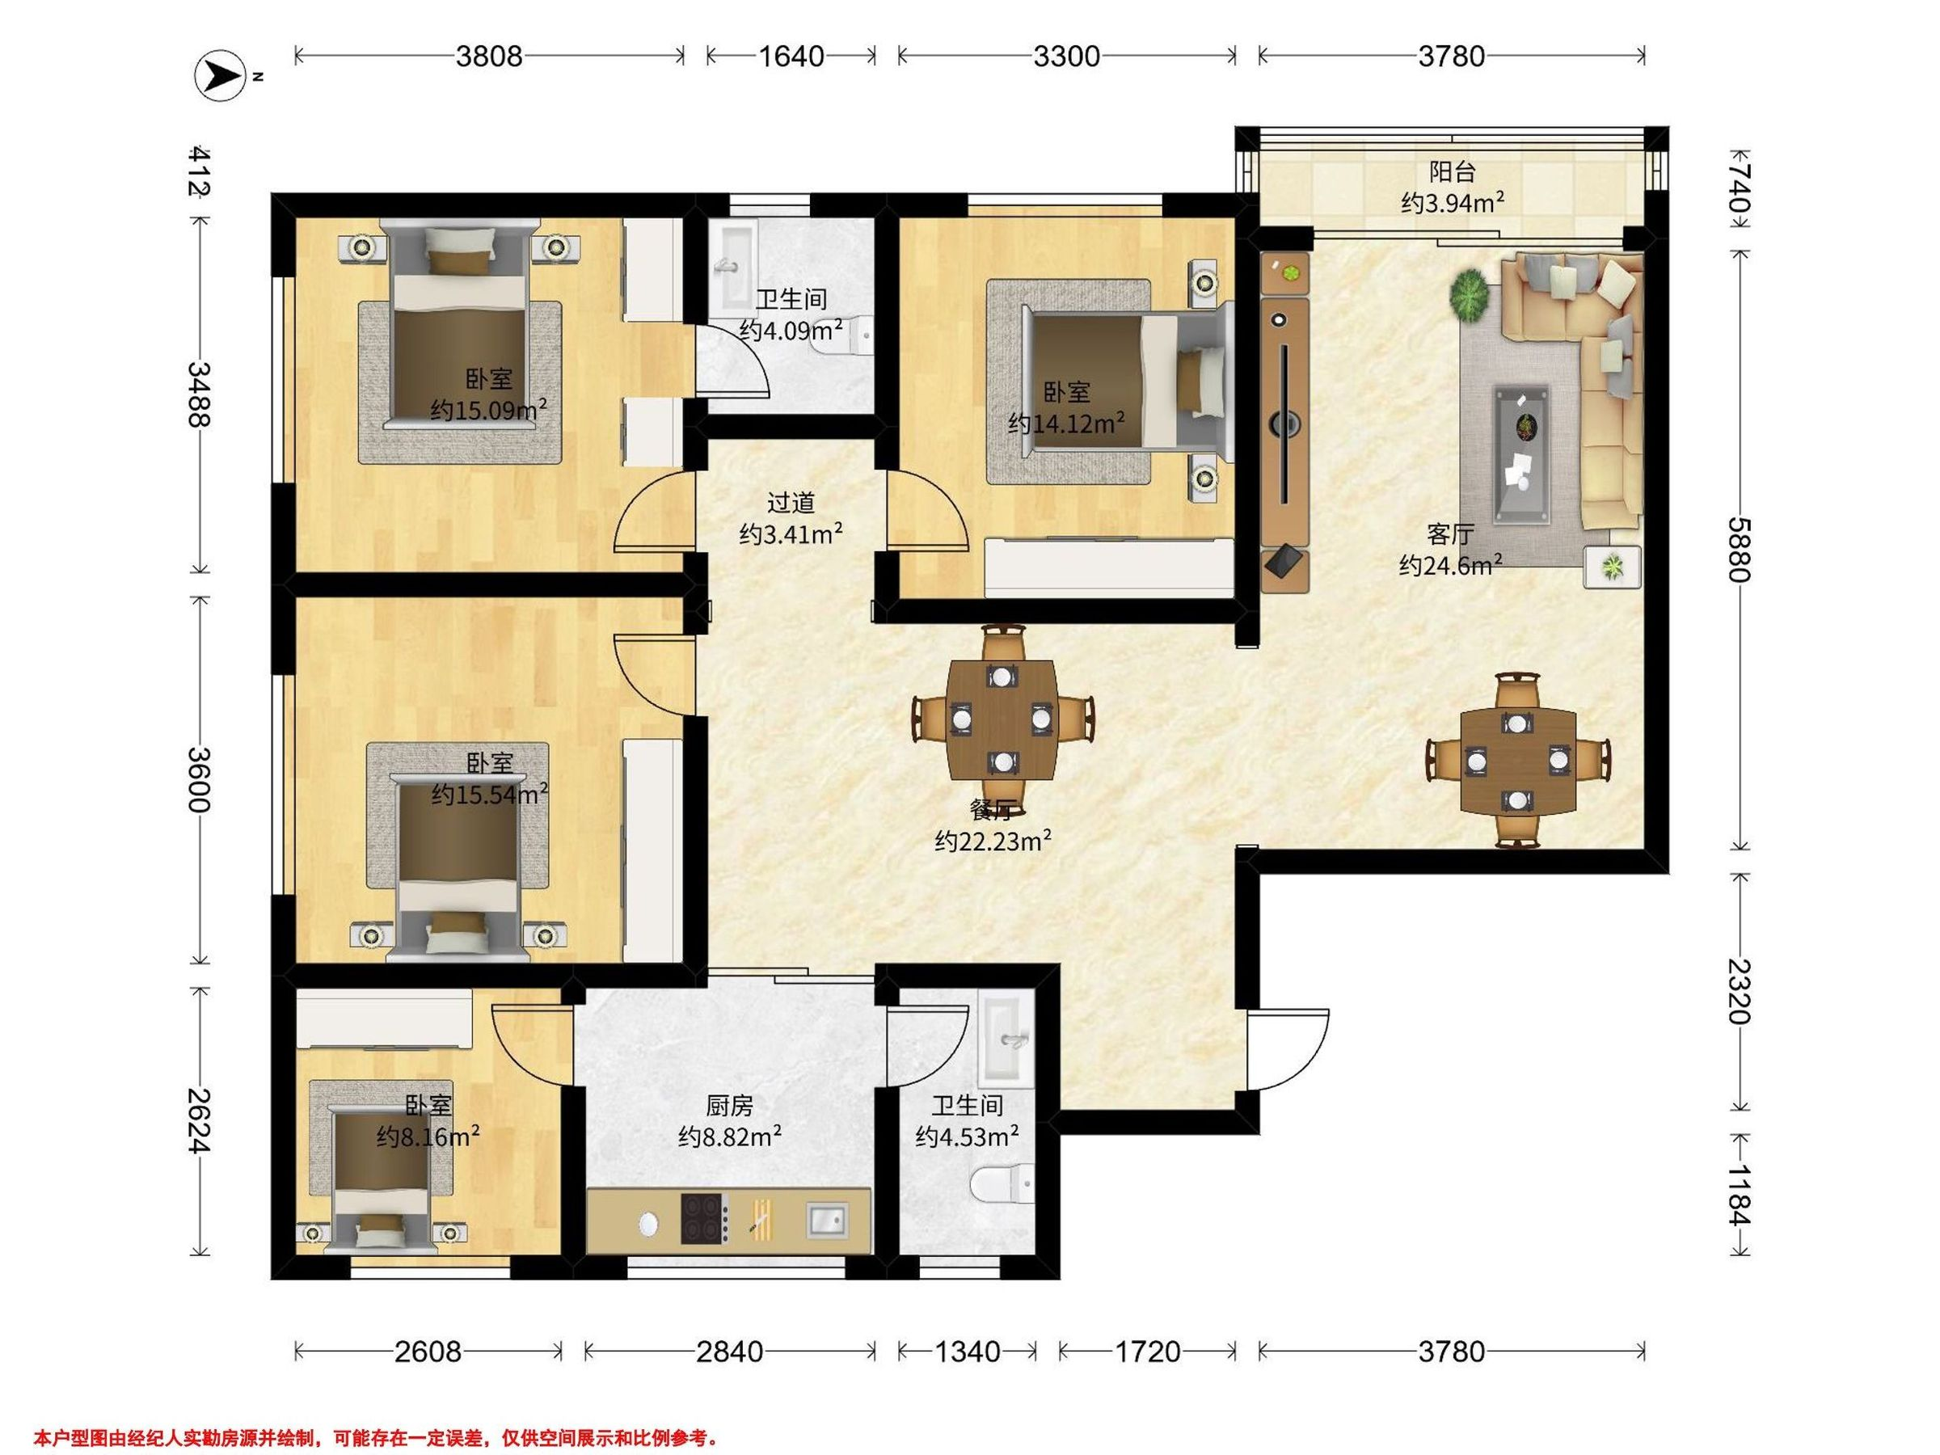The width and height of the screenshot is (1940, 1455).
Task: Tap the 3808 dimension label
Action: pyautogui.click(x=488, y=56)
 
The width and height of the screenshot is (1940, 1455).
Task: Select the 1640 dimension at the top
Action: pyautogui.click(x=791, y=56)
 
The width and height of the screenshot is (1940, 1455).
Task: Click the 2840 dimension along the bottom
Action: pyautogui.click(x=730, y=1352)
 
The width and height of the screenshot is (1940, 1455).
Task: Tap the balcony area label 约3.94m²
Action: pyautogui.click(x=1453, y=203)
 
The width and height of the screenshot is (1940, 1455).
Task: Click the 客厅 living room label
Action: pyautogui.click(x=1449, y=534)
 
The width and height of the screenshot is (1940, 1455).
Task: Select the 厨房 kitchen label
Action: pyautogui.click(x=730, y=1105)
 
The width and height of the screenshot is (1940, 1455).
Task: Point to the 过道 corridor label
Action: pyautogui.click(x=791, y=503)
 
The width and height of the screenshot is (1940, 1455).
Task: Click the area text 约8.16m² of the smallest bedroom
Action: pyautogui.click(x=428, y=1137)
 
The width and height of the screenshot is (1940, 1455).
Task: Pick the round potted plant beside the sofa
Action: pyautogui.click(x=1470, y=295)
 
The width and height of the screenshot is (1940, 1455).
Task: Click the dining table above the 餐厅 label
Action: pyautogui.click(x=1002, y=719)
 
